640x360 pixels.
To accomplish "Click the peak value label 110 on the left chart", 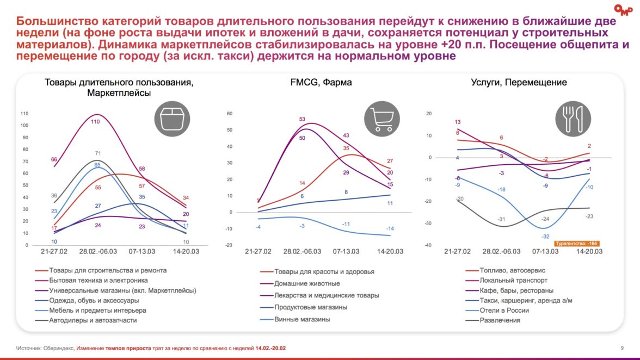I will pos(95,122).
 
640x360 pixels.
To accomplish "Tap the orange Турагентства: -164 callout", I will pos(577,244).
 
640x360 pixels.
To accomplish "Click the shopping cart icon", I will pos(381,119).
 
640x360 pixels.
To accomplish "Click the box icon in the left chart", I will pos(173,119).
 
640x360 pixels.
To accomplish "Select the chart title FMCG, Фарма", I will pos(321,83).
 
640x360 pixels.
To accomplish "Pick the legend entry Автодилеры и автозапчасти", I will pos(93,320).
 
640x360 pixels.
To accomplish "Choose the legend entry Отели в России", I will pos(504,311).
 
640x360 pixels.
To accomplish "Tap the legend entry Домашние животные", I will pos(307,283).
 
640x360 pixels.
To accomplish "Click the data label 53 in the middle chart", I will pos(302,119).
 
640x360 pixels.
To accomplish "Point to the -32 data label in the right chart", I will pos(545,237).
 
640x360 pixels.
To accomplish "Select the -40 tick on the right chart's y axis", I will pos(428,245).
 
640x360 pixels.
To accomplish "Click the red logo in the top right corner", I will pos(621,9).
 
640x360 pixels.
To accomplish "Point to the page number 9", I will pos(621,348).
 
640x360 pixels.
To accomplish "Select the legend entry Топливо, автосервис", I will pos(512,270).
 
